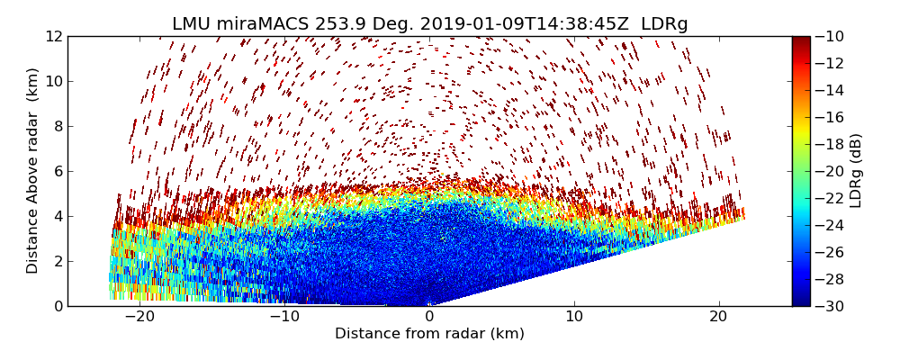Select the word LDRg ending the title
(x=664, y=24)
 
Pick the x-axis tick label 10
(x=574, y=317)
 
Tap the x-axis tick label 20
(x=718, y=317)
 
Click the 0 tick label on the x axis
(x=429, y=317)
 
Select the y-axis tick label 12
(x=53, y=36)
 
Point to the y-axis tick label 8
(x=57, y=126)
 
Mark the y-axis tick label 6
(x=57, y=171)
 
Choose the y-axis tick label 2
(x=57, y=261)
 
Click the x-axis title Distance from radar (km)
(x=429, y=334)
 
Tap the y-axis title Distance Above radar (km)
(x=32, y=171)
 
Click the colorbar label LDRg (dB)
(x=856, y=171)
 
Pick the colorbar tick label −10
(x=829, y=36)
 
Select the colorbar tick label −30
(x=829, y=306)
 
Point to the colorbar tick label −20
(x=829, y=171)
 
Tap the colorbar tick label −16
(x=829, y=117)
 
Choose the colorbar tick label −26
(x=829, y=252)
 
